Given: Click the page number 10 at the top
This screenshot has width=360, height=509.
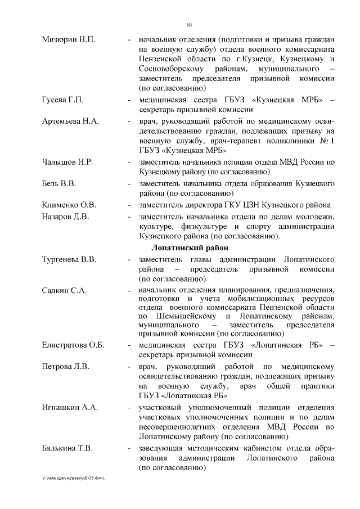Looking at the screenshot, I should click(188, 24).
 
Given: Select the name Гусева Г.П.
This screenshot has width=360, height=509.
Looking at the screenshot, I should click(63, 100).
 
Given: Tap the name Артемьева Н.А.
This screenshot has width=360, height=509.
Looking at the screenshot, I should click(71, 121).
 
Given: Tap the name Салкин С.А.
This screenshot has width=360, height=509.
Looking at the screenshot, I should click(64, 290).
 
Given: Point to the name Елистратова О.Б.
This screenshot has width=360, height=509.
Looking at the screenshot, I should click(73, 345).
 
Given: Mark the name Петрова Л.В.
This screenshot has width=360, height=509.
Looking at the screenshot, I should click(66, 367).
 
